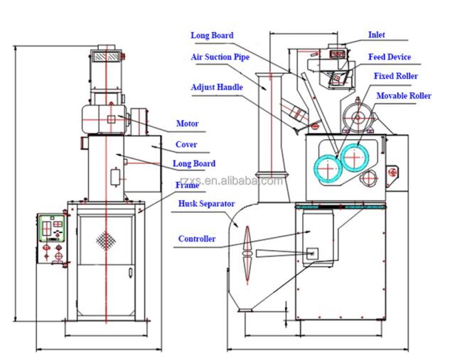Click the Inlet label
pos(376,35)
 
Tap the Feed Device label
pos(390,57)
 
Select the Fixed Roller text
pos(396,76)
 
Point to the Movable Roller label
pos(404,96)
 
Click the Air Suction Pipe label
pos(220,57)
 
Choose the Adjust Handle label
pos(217,87)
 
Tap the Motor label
pos(188,124)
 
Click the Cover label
pos(186,144)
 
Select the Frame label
pos(188,185)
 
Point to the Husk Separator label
pos(206,204)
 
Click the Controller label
pos(197,239)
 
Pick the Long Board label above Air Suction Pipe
pos(212,36)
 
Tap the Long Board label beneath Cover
pos(194,163)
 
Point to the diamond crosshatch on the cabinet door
pos(106,241)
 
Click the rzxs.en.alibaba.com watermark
pos(231,181)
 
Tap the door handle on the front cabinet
pos(130,272)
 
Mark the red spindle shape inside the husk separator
pos(247,255)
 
